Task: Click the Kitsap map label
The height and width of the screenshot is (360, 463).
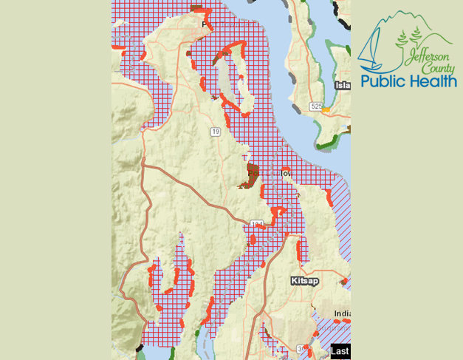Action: point(301,282)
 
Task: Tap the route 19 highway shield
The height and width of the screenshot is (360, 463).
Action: point(215,132)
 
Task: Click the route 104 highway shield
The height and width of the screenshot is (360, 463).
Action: point(256,223)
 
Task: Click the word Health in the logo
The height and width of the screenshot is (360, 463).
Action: point(431,80)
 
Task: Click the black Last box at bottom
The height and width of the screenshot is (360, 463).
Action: point(340,352)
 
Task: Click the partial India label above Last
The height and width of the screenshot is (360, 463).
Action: point(341,313)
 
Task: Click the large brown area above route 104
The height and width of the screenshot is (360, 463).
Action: point(250,176)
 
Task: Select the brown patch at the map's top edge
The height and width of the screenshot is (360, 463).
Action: point(197,8)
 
